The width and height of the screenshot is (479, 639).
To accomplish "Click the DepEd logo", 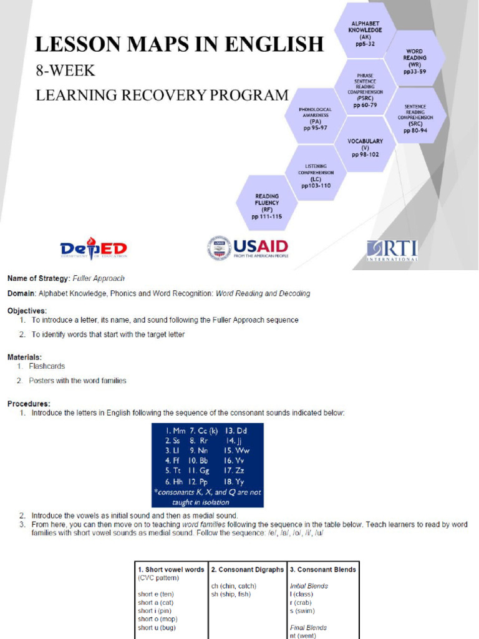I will pos(94,248).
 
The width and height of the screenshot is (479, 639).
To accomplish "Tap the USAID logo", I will pos(248,248).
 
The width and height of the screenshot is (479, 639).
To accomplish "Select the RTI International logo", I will pos(392,250).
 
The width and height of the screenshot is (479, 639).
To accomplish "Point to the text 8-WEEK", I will pos(65,71).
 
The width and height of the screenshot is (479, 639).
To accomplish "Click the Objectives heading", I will pos(27,310).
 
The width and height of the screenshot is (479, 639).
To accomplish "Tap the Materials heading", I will pos(25,358).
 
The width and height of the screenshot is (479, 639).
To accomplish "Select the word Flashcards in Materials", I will pos(47,366).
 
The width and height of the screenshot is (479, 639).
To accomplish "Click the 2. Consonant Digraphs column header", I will pos(247,569).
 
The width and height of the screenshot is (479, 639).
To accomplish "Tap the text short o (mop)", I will pos(158,619).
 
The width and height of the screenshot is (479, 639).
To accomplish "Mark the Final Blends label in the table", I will pos(309,628).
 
